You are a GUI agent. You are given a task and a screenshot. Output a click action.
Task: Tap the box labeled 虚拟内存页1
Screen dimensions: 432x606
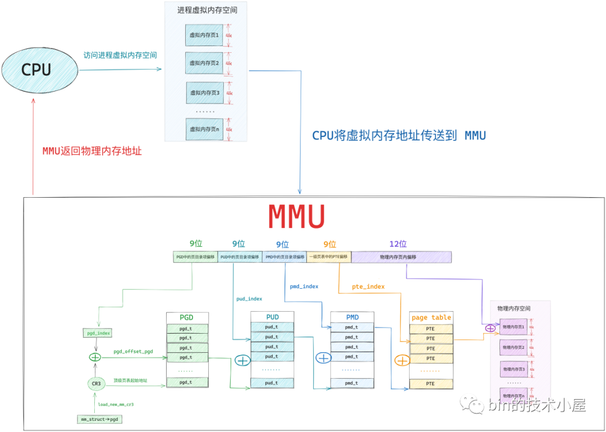pyautogui.click(x=204, y=35)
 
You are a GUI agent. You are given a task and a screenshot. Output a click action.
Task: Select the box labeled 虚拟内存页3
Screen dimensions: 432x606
pyautogui.click(x=204, y=93)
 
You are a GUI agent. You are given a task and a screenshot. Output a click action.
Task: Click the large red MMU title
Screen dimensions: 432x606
pyautogui.click(x=296, y=216)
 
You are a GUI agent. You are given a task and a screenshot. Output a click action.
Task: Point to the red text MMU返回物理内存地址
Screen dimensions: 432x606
pyautogui.click(x=92, y=151)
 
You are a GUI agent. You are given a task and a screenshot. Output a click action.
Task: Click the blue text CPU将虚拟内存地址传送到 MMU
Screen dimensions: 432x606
pyautogui.click(x=399, y=135)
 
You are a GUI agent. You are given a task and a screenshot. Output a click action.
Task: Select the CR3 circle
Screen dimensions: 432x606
pyautogui.click(x=96, y=384)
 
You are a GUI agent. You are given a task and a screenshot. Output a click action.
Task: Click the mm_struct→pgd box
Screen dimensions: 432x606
pyautogui.click(x=99, y=419)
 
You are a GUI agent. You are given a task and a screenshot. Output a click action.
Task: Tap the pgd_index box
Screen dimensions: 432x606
pyautogui.click(x=98, y=333)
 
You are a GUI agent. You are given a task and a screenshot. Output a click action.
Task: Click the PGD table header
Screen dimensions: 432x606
pyautogui.click(x=187, y=317)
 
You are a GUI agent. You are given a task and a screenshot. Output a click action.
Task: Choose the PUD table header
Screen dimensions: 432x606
pyautogui.click(x=272, y=317)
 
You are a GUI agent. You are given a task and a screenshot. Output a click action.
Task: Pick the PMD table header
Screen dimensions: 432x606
pyautogui.click(x=352, y=317)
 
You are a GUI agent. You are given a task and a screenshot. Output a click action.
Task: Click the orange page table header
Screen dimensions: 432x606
pyautogui.click(x=431, y=317)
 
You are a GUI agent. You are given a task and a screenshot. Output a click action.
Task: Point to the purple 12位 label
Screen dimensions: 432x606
pyautogui.click(x=398, y=244)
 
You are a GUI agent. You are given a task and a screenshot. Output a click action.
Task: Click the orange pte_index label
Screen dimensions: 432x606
pyautogui.click(x=368, y=287)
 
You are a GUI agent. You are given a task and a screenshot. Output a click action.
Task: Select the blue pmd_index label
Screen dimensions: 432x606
pyautogui.click(x=304, y=287)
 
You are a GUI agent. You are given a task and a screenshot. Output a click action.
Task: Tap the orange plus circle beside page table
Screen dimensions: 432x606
pyautogui.click(x=402, y=360)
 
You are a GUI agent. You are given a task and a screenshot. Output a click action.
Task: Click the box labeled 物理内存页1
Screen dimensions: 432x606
pyautogui.click(x=513, y=327)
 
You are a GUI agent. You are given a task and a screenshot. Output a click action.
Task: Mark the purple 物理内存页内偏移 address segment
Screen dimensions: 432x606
pyautogui.click(x=401, y=257)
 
